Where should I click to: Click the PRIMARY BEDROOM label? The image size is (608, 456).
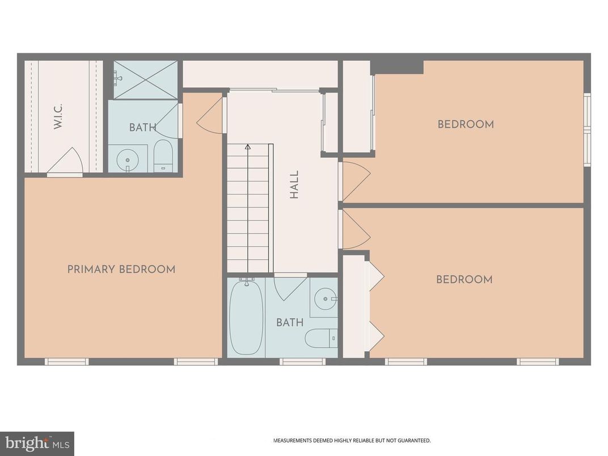point(121,269)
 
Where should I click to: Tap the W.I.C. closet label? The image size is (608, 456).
point(58,116)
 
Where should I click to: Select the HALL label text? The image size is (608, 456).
point(294,185)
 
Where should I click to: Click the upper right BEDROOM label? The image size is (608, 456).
point(465,124)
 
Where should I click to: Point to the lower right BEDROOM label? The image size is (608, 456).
point(464,280)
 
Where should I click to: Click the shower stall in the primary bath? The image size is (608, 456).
point(146,80)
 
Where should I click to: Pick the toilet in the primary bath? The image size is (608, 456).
point(163,155)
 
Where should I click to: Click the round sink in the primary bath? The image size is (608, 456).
point(128,160)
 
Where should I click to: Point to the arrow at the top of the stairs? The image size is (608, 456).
point(248,147)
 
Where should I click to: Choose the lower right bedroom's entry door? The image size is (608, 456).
point(354,230)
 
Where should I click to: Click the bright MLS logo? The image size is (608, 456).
point(37,443)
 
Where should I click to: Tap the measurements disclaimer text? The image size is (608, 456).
point(352,440)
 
